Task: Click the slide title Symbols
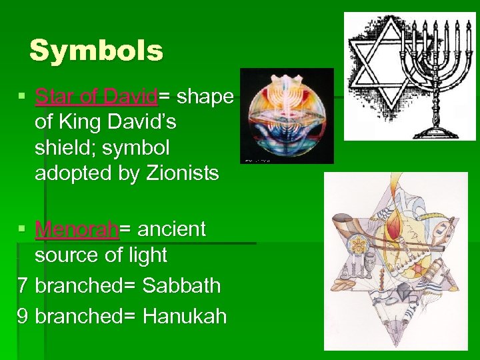pyautogui.click(x=97, y=51)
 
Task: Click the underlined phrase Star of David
pyautogui.click(x=97, y=97)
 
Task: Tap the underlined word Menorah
pyautogui.click(x=77, y=229)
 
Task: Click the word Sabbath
pyautogui.click(x=181, y=285)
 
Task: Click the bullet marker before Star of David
pyautogui.click(x=22, y=98)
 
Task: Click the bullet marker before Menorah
pyautogui.click(x=22, y=230)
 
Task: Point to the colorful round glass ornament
pyautogui.click(x=287, y=116)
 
